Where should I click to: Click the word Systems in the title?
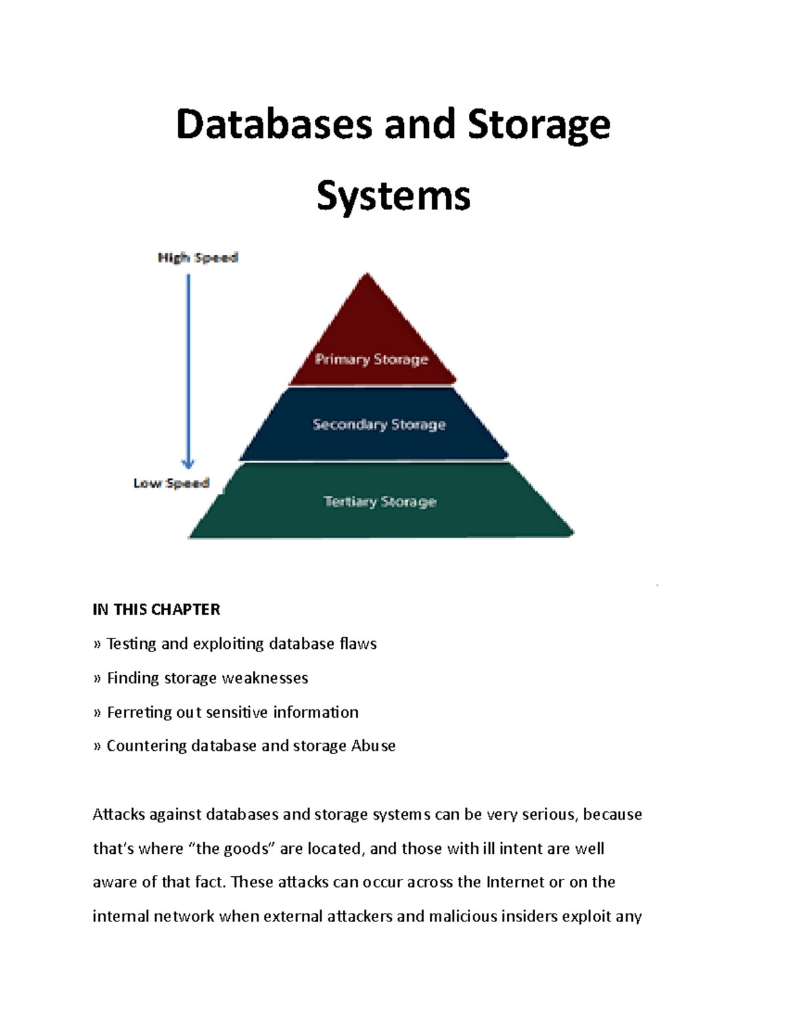393,196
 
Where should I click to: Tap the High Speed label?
198,257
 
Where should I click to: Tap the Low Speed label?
171,483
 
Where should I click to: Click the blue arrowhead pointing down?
188,463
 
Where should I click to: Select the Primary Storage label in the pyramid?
371,359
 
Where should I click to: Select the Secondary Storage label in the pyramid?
379,425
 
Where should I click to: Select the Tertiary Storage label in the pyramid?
380,502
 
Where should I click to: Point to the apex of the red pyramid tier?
367,276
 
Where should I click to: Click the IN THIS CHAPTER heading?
156,610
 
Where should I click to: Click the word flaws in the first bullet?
358,644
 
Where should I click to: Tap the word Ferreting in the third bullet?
139,712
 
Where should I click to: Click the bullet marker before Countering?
97,746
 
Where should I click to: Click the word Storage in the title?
538,125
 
